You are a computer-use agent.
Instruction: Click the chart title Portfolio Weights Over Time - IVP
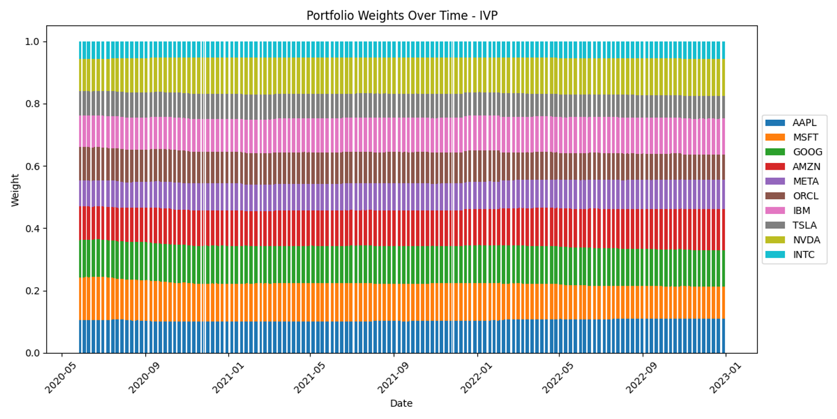402,16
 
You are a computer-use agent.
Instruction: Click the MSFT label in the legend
805,138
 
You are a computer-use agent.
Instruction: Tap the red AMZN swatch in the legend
774,167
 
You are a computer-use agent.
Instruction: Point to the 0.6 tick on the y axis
32,167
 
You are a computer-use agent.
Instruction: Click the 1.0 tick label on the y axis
32,42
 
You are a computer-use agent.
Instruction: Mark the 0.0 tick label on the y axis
32,353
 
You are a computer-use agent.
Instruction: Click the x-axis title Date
401,404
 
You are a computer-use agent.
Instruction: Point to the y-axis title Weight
15,190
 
